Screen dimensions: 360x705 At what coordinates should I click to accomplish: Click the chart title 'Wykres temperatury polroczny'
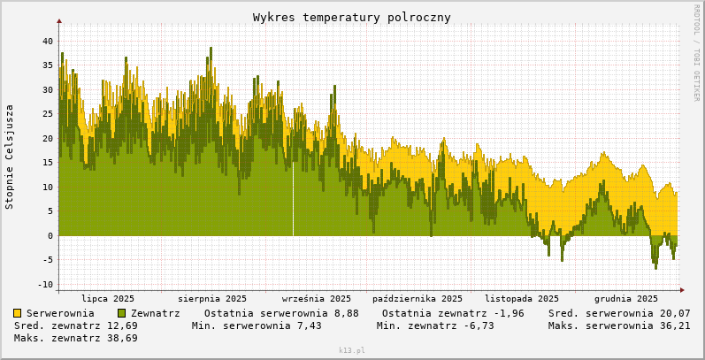351,18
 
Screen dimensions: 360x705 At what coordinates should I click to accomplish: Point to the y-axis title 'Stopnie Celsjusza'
10,157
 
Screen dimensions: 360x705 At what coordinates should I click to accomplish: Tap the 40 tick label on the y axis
48,41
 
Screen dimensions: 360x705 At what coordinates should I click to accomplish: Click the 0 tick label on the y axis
50,236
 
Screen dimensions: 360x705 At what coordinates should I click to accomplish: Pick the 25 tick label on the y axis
48,114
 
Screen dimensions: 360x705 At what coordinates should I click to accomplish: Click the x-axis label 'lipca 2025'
108,299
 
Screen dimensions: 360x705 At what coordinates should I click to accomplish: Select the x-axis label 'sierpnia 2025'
212,299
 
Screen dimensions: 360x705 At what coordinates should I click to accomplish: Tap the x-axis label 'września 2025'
316,299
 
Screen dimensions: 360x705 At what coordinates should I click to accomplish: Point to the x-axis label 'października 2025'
418,299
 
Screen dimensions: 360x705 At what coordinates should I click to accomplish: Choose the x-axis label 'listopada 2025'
522,299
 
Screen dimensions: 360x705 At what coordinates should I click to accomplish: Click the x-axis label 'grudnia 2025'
626,299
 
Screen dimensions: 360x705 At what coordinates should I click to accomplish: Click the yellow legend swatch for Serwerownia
18,313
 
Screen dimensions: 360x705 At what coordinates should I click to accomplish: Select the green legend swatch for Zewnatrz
122,313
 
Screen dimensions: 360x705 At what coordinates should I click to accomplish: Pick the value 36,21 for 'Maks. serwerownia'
672,326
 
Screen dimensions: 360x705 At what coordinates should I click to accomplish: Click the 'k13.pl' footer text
351,351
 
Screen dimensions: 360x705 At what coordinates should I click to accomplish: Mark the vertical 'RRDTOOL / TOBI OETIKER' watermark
696,53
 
